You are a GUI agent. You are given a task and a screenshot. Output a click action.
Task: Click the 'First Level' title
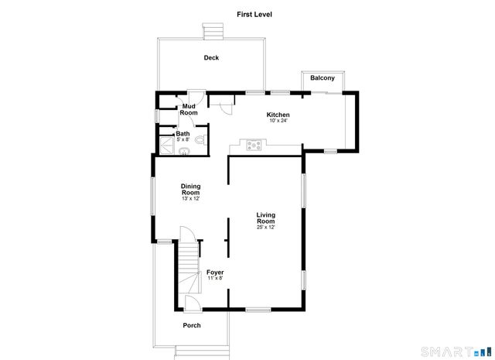click(x=254, y=14)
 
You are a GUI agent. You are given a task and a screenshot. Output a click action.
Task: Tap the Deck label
click(x=211, y=58)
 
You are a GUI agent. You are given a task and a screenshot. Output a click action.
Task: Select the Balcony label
click(x=323, y=78)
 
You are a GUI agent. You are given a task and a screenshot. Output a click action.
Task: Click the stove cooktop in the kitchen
click(x=253, y=144)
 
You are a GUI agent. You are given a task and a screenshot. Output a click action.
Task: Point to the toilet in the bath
click(x=200, y=140)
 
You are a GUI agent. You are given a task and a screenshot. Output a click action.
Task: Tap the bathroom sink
click(x=184, y=150)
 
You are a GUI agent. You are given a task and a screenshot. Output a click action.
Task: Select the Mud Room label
click(x=189, y=110)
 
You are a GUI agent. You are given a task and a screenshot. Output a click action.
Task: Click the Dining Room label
click(x=190, y=189)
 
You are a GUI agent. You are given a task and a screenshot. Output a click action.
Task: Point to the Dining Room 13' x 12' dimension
click(x=190, y=199)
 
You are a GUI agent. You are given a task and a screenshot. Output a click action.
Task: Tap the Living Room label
click(x=266, y=218)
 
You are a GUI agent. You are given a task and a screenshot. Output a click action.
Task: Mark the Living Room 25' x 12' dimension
click(x=266, y=228)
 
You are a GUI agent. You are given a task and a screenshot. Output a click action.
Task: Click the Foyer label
click(x=214, y=273)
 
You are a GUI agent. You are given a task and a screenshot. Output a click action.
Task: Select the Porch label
click(x=191, y=325)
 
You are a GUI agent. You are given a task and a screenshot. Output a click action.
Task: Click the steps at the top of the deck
click(x=213, y=30)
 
